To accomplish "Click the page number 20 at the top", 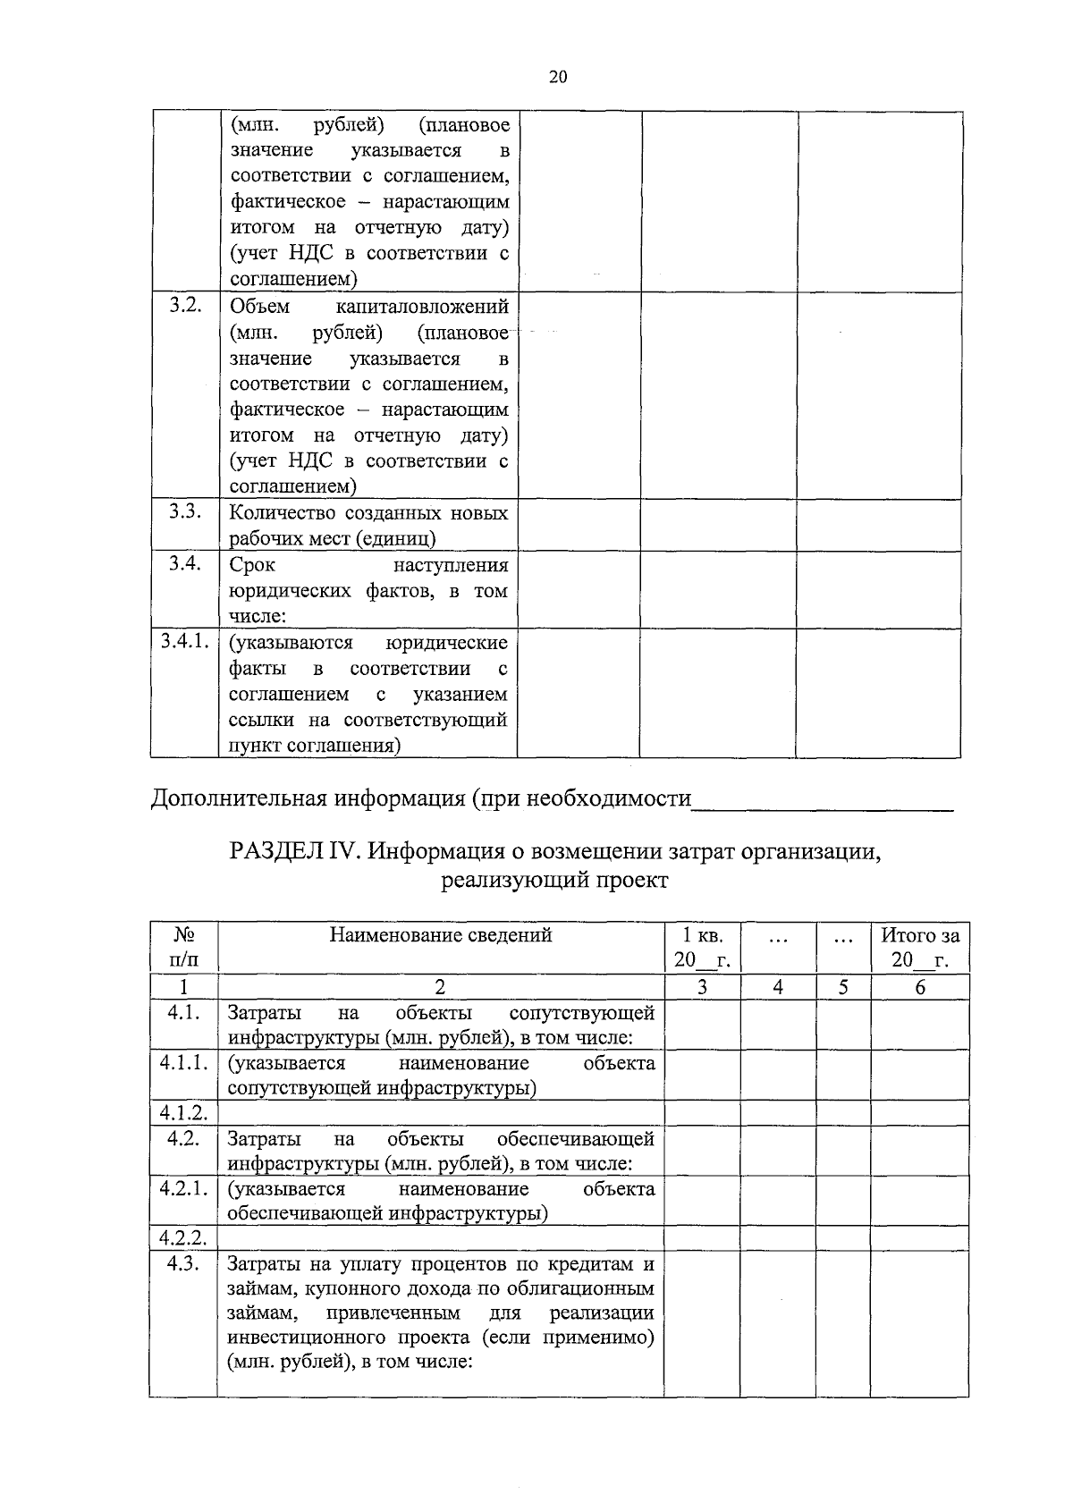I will pos(557,77).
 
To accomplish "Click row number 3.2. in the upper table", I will pos(185,306).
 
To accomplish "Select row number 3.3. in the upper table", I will pos(185,511).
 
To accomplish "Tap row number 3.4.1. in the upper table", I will pos(184,641).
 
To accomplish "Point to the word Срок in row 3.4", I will pos(252,565).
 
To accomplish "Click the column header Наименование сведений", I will pos(441,935).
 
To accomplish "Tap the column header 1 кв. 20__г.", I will pos(702,948).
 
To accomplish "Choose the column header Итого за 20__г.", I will pos(920,948).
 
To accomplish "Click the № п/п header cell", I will pos(183,948).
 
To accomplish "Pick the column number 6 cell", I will pos(920,987).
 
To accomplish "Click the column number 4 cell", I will pos(778,987).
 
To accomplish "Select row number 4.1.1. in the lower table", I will pos(184,1062).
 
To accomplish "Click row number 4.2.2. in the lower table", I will pos(183,1238).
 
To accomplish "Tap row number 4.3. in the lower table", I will pos(183,1263).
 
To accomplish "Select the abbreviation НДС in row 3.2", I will pos(310,461).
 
